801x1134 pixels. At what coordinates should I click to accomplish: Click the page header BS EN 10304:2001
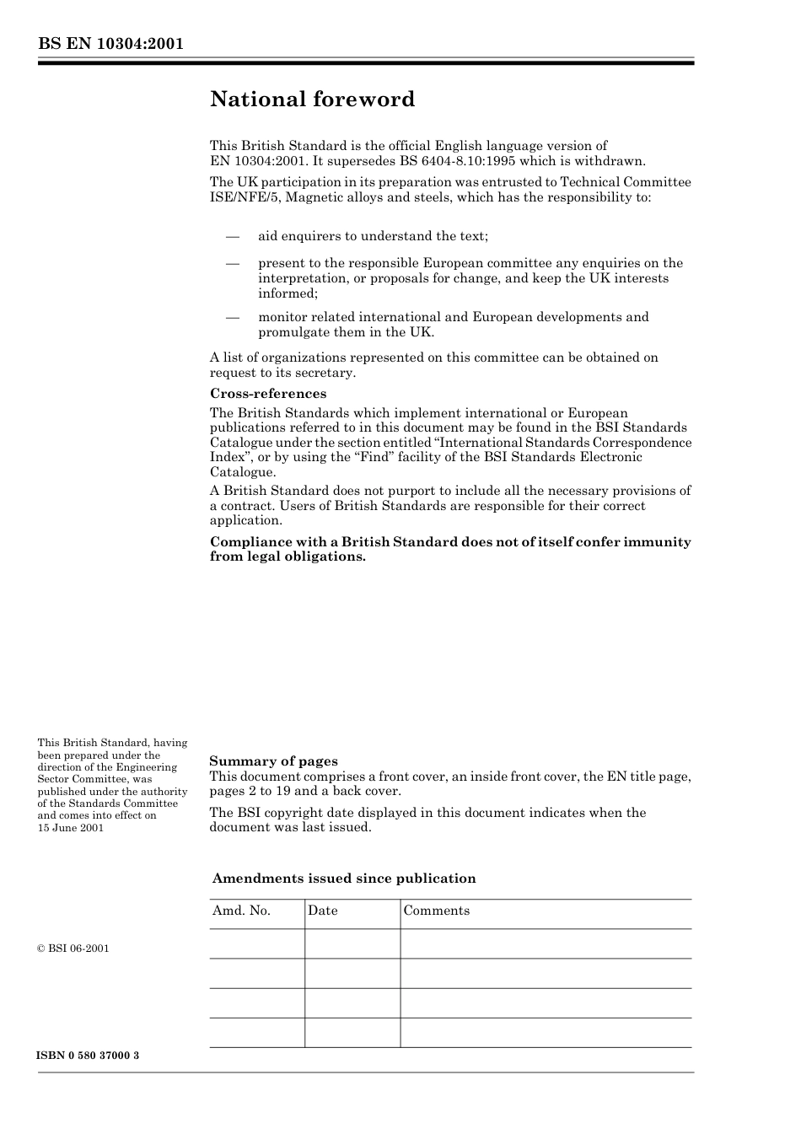[x=110, y=44]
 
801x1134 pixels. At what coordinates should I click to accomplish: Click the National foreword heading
[x=312, y=99]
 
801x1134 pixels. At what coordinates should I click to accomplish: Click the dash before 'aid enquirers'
[x=233, y=236]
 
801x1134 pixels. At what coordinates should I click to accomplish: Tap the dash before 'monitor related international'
[x=233, y=317]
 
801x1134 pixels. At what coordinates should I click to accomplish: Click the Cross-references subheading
[x=267, y=394]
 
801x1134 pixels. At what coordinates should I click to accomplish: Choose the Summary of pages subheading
[x=273, y=761]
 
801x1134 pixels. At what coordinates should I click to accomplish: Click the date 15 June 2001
[x=71, y=828]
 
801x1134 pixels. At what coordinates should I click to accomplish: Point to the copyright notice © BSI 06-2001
[x=73, y=949]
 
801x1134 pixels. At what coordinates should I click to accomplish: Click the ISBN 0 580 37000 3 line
[x=89, y=1056]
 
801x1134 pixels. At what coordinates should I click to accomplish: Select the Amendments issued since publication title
[x=344, y=879]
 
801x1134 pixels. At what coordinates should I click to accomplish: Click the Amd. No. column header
[x=241, y=911]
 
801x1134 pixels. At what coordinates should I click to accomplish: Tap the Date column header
[x=323, y=911]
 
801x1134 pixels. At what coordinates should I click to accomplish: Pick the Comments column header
[x=437, y=911]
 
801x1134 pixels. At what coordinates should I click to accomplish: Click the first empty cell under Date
[x=352, y=944]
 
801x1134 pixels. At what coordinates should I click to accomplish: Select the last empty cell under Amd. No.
[x=257, y=1033]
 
